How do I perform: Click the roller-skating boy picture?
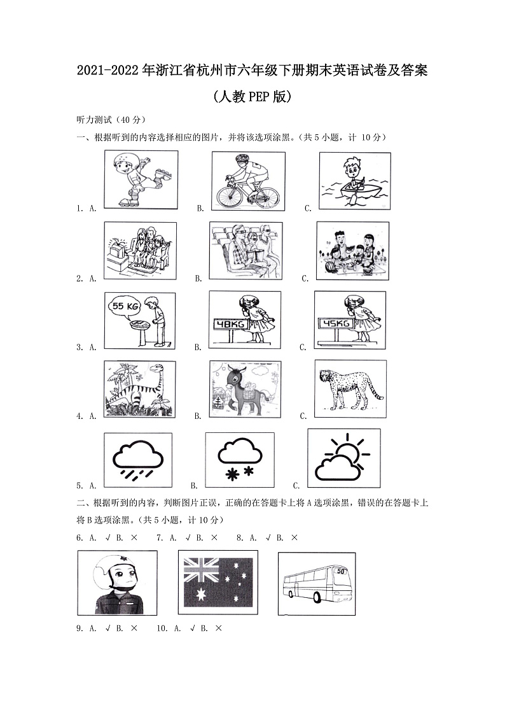[x=141, y=180]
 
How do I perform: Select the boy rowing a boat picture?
[x=354, y=181]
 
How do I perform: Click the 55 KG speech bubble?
[x=125, y=306]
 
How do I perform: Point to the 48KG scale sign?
[x=232, y=324]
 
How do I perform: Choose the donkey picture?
[x=245, y=389]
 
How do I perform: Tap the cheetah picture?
[x=349, y=388]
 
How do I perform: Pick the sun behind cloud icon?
[x=344, y=458]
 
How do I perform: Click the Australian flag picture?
[x=218, y=582]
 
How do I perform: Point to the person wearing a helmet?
[x=117, y=583]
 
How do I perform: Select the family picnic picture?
[x=352, y=251]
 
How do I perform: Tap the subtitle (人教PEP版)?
[x=253, y=97]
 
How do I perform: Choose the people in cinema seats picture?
[x=245, y=250]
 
